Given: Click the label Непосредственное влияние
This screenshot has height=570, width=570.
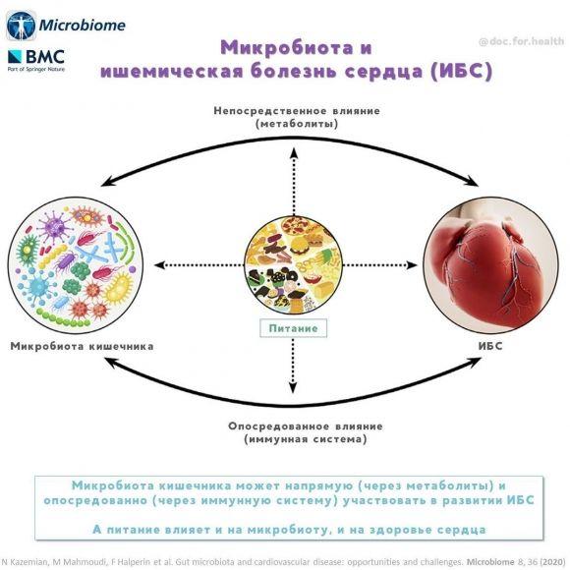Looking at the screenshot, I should tap(283, 110).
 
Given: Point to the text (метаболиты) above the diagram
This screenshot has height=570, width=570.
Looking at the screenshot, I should tap(283, 124).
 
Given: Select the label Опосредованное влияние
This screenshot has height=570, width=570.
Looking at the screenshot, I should tap(284, 426).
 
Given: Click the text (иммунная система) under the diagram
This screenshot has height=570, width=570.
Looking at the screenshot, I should tap(284, 439).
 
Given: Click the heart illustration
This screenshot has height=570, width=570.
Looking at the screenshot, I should tap(488, 263).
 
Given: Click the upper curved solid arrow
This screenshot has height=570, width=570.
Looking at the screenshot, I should tap(285, 147).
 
